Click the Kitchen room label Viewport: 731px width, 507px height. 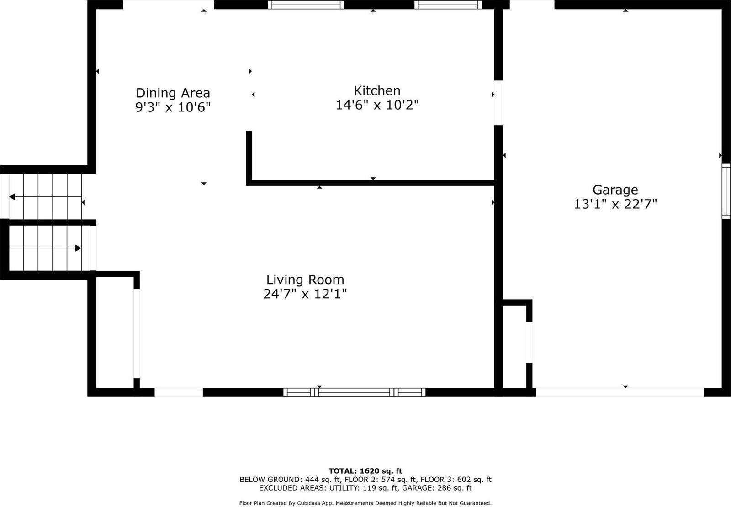[x=377, y=90]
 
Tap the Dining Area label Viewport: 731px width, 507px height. [x=173, y=93]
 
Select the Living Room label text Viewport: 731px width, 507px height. [x=305, y=280]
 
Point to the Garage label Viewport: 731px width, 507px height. [x=615, y=190]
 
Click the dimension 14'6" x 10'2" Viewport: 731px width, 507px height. [x=377, y=105]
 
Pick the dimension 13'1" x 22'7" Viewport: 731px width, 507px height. [x=615, y=204]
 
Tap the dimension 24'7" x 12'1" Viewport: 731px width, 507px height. [x=305, y=294]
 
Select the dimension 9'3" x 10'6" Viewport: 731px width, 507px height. [x=173, y=107]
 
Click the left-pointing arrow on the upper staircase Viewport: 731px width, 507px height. [x=12, y=197]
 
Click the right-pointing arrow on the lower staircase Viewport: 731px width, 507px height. [x=78, y=248]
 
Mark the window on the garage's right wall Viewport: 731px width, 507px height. [x=726, y=190]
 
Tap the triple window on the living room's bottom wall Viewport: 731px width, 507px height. [x=354, y=392]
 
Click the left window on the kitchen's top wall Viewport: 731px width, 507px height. [x=306, y=5]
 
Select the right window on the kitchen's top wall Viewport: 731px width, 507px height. [x=448, y=5]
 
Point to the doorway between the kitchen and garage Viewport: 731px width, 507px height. [x=498, y=103]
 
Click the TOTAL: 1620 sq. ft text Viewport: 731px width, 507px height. [x=365, y=471]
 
